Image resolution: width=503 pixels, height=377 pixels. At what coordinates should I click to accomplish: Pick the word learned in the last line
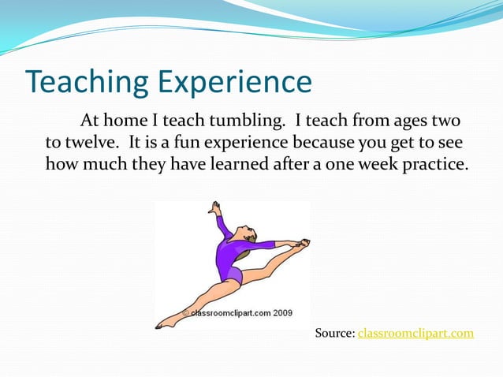point(281,166)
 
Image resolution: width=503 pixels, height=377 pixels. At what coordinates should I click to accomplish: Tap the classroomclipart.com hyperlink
point(415,333)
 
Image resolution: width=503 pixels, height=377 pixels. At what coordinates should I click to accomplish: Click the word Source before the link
point(334,333)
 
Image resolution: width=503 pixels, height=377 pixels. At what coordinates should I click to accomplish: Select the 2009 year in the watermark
point(282,313)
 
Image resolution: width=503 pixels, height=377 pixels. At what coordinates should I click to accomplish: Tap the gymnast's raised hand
point(214,207)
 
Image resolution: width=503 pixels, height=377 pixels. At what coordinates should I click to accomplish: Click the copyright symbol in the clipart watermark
point(187,313)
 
